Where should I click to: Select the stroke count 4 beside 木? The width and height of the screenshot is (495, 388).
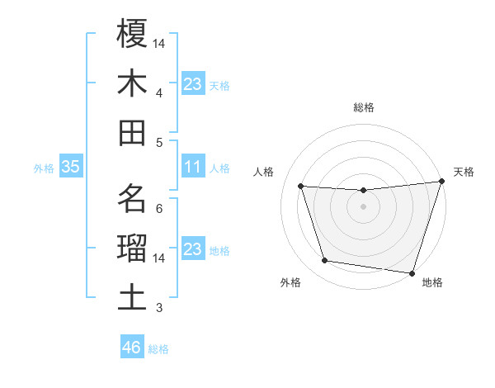158,92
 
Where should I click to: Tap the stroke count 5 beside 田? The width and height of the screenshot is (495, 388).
158,142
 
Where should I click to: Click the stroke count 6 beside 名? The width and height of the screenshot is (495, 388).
158,207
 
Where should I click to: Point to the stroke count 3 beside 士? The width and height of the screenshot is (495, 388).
158,308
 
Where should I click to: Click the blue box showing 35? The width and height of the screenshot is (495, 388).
70,167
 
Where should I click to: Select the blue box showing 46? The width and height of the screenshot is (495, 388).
131,348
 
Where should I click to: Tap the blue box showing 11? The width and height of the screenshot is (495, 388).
192,167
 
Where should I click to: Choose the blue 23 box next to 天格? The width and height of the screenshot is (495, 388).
192,84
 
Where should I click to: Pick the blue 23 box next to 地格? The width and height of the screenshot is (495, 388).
192,249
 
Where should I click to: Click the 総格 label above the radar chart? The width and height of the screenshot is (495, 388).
364,107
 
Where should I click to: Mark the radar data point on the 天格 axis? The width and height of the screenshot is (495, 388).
441,182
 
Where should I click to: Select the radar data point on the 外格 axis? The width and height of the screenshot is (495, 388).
325,261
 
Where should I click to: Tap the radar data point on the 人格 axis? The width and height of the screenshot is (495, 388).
301,187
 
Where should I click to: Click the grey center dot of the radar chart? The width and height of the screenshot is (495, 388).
363,206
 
